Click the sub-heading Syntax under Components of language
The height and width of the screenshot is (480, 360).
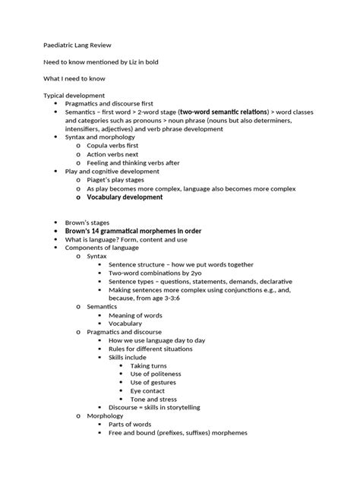click(x=96, y=256)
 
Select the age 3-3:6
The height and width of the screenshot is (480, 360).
click(x=172, y=298)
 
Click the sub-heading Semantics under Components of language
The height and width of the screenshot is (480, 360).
click(x=103, y=306)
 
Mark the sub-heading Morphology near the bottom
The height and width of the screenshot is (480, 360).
click(x=106, y=415)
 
